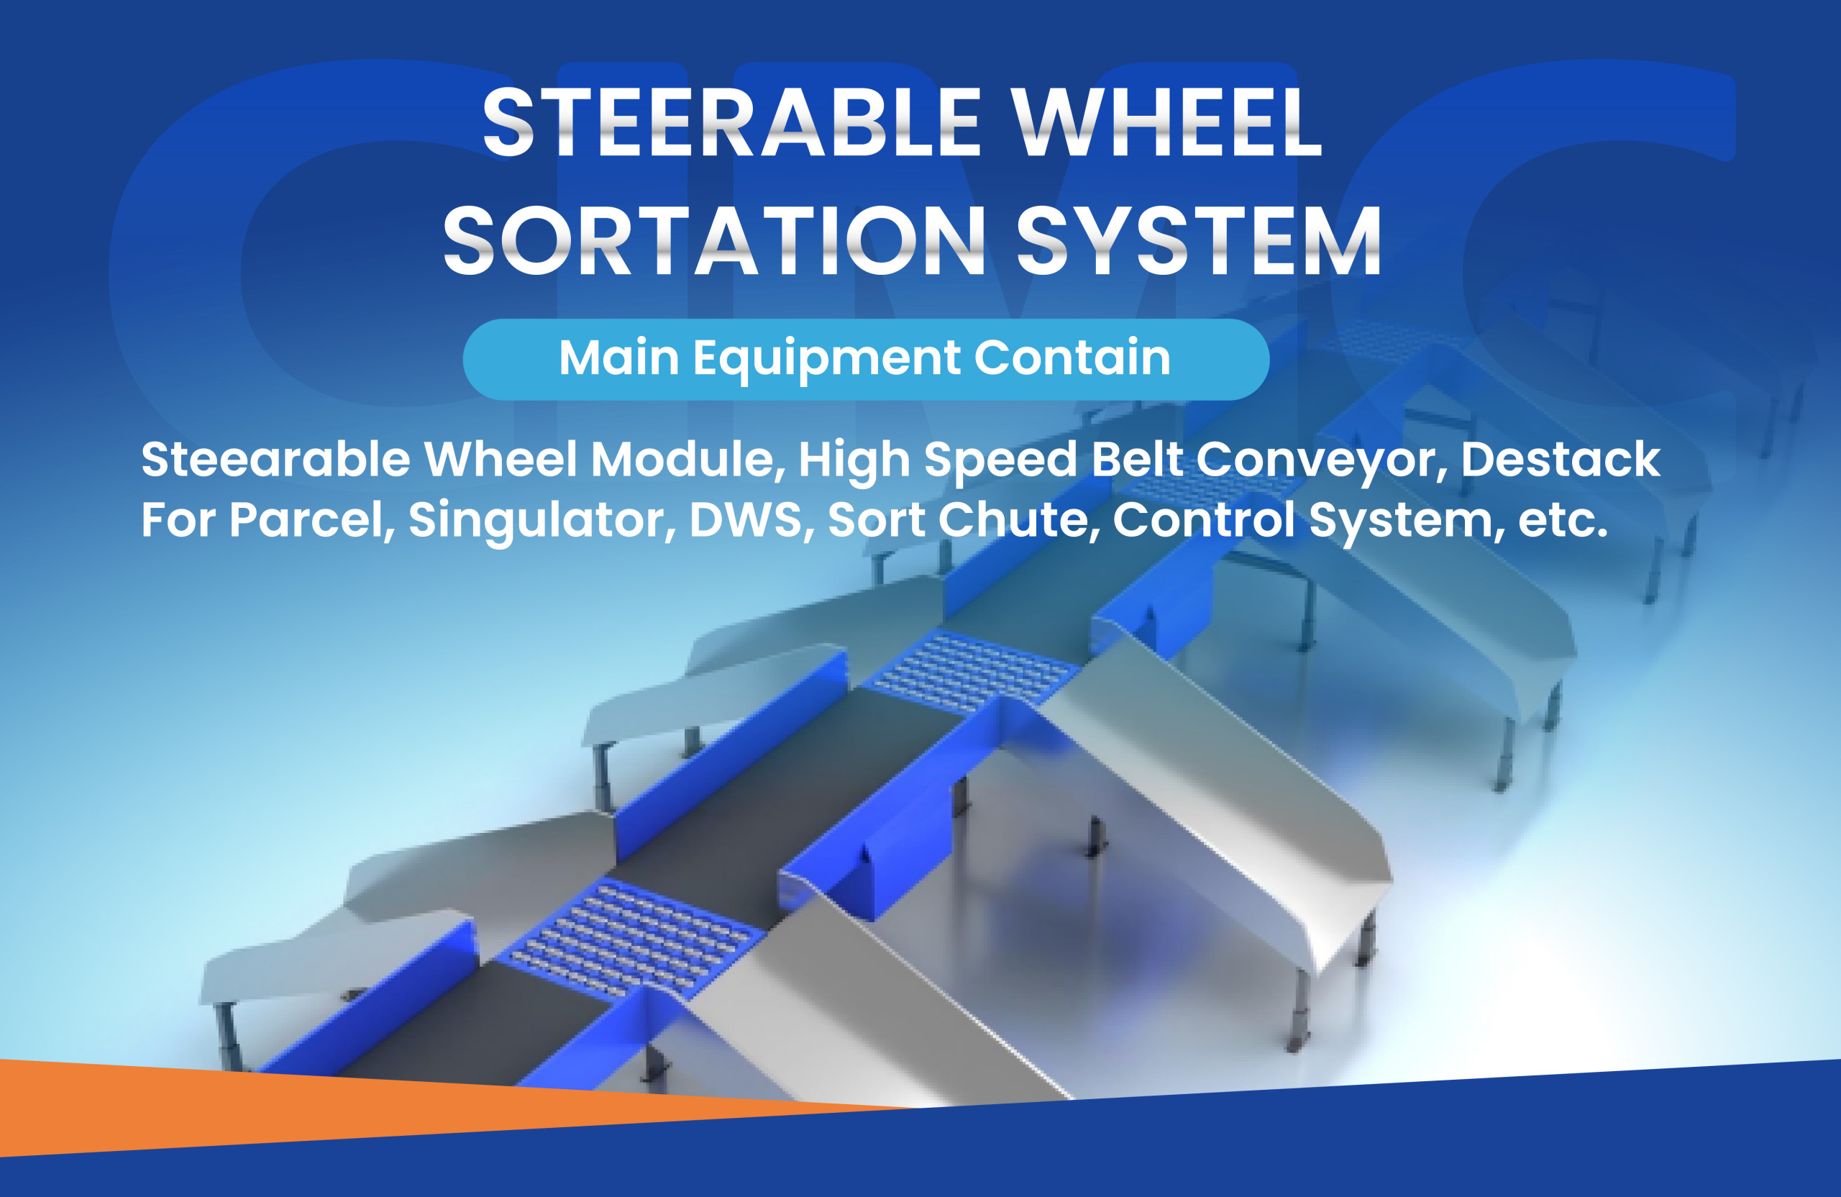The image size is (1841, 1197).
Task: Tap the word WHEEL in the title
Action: [x=1168, y=122]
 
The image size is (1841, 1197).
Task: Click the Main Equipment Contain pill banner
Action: [x=866, y=359]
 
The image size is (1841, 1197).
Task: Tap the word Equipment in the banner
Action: [x=826, y=360]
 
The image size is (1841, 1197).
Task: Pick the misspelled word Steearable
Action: [x=275, y=459]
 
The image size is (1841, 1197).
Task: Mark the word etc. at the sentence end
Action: [x=1563, y=521]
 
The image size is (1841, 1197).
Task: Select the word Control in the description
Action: [x=1204, y=519]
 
